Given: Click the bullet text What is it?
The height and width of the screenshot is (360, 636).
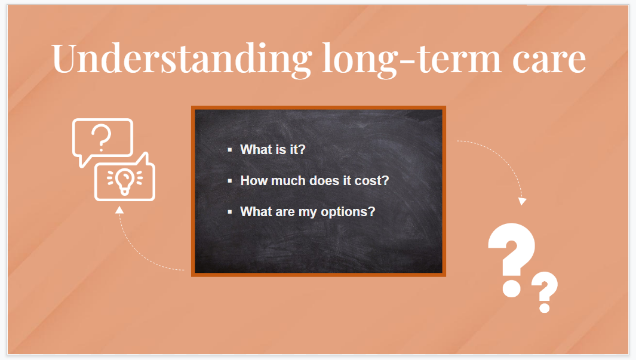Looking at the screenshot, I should [272, 149].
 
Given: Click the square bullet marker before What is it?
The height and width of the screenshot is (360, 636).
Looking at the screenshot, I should [230, 150].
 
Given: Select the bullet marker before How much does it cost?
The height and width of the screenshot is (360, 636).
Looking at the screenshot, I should [230, 181].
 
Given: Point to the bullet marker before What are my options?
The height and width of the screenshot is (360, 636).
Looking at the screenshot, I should [230, 212].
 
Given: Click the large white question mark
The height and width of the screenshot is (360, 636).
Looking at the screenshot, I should [512, 251].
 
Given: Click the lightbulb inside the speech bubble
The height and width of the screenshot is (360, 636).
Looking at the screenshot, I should [124, 181].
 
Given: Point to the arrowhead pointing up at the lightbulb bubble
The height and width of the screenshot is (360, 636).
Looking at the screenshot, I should [119, 210].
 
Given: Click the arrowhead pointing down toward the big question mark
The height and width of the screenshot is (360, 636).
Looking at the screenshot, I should [522, 202].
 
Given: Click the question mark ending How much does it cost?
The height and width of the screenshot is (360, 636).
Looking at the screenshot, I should [385, 180].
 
